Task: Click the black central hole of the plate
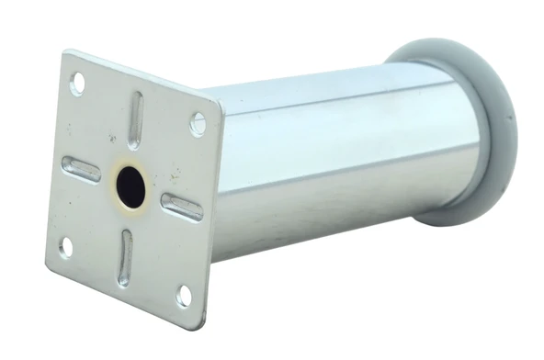(x=131, y=187)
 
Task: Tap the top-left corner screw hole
(x=77, y=84)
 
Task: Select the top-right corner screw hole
(x=198, y=123)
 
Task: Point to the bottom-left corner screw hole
(x=66, y=246)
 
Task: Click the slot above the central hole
(x=135, y=119)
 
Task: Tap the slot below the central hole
(x=125, y=257)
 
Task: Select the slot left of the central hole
(x=81, y=168)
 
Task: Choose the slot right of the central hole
(x=182, y=208)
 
